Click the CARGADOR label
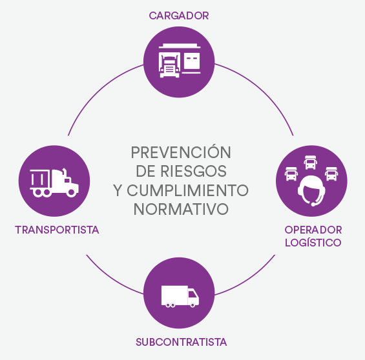click(x=179, y=15)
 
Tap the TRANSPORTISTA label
click(x=57, y=230)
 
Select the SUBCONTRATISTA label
click(x=181, y=342)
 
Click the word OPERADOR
click(x=313, y=230)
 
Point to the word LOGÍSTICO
click(x=313, y=242)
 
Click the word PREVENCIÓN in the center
click(x=181, y=152)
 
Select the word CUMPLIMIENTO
click(x=187, y=190)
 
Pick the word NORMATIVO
click(x=181, y=209)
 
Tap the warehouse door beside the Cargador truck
click(x=192, y=61)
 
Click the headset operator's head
click(x=311, y=190)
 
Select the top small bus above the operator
click(x=310, y=162)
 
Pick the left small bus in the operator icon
click(x=291, y=174)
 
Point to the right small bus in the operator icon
click(x=331, y=174)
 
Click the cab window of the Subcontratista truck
click(x=193, y=294)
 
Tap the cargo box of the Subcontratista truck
click(x=174, y=295)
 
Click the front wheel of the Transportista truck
click(x=72, y=192)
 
